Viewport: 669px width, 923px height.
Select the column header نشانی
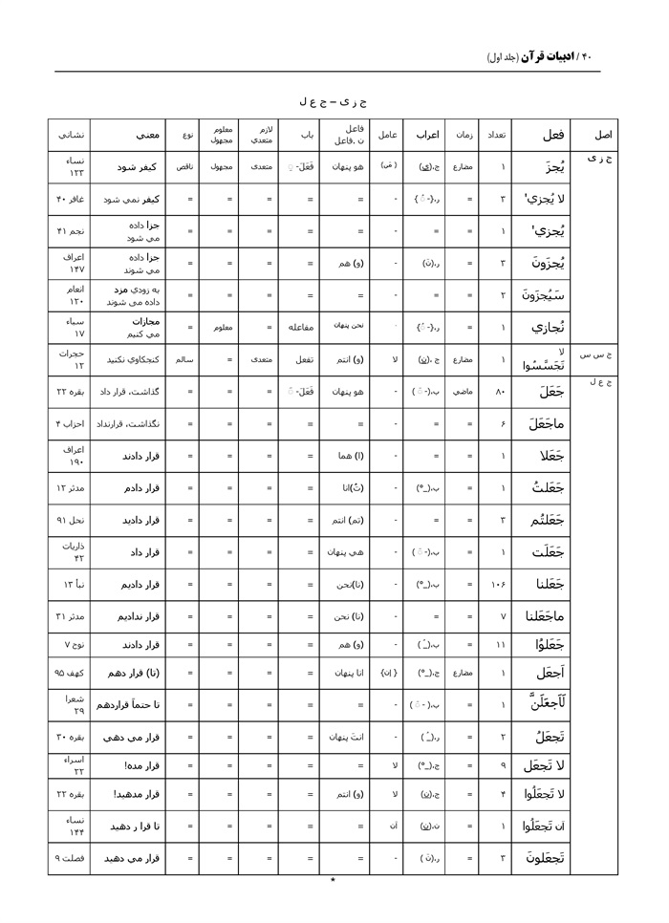[71, 135]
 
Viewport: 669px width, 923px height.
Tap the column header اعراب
[426, 135]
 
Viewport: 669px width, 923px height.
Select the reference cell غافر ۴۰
[72, 199]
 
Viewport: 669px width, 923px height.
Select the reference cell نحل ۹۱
[71, 520]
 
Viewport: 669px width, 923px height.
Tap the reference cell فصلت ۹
[71, 858]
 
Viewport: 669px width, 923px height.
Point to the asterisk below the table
[333, 880]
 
